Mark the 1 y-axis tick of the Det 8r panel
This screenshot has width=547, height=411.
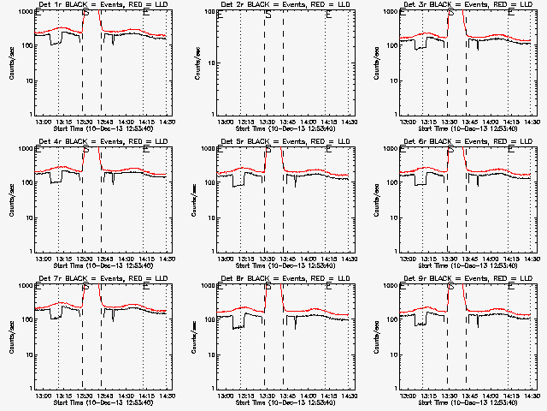click(213, 388)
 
